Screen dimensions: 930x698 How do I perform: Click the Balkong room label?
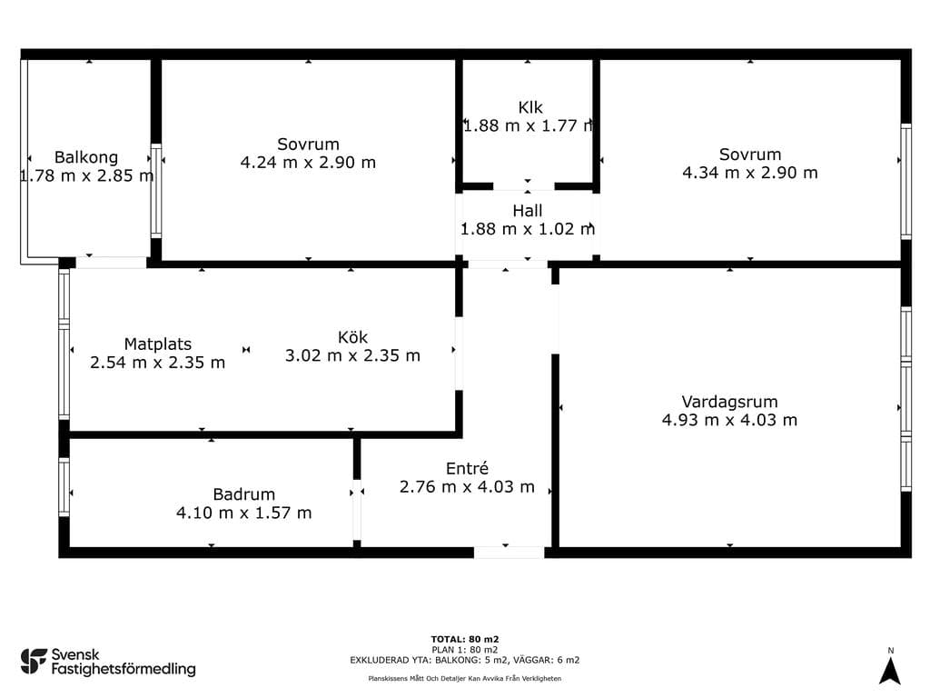tap(86, 157)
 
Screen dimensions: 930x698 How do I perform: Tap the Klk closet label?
tap(530, 107)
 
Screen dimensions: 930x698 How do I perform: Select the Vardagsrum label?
tap(729, 402)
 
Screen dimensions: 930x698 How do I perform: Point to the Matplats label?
tap(158, 344)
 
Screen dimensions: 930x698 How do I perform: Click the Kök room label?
tap(353, 337)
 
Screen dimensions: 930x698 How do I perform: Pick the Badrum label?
tap(243, 494)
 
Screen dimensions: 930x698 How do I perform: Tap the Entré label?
tap(468, 468)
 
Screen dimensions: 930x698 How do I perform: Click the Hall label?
tap(528, 211)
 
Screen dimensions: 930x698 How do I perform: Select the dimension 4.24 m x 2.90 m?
tap(308, 163)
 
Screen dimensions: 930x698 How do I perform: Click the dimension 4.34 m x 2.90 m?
tap(750, 173)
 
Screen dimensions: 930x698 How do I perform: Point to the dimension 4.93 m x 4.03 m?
tap(729, 420)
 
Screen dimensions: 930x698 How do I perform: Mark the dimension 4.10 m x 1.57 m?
tap(243, 513)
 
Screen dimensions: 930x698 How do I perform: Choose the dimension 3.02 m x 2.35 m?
tap(353, 355)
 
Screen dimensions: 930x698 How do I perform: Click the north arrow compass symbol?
tap(890, 672)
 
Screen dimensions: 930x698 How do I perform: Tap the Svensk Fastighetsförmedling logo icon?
tap(34, 662)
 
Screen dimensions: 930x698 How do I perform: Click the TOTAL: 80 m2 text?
tap(465, 639)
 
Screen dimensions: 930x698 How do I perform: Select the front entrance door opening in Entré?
tap(509, 553)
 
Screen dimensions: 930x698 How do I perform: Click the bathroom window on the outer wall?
tap(64, 487)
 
